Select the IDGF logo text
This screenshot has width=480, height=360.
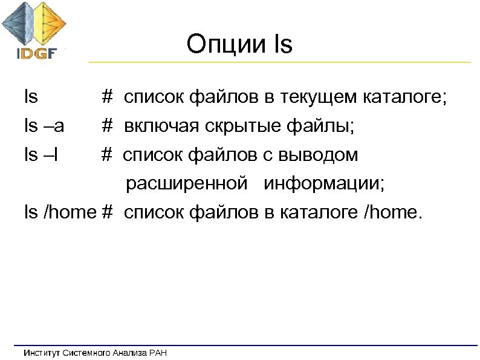[x=36, y=53]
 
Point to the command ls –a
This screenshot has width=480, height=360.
[x=44, y=126]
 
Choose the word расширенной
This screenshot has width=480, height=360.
[x=186, y=183]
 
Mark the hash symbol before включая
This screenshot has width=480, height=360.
[x=107, y=126]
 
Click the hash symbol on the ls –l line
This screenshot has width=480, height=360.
[x=107, y=155]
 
